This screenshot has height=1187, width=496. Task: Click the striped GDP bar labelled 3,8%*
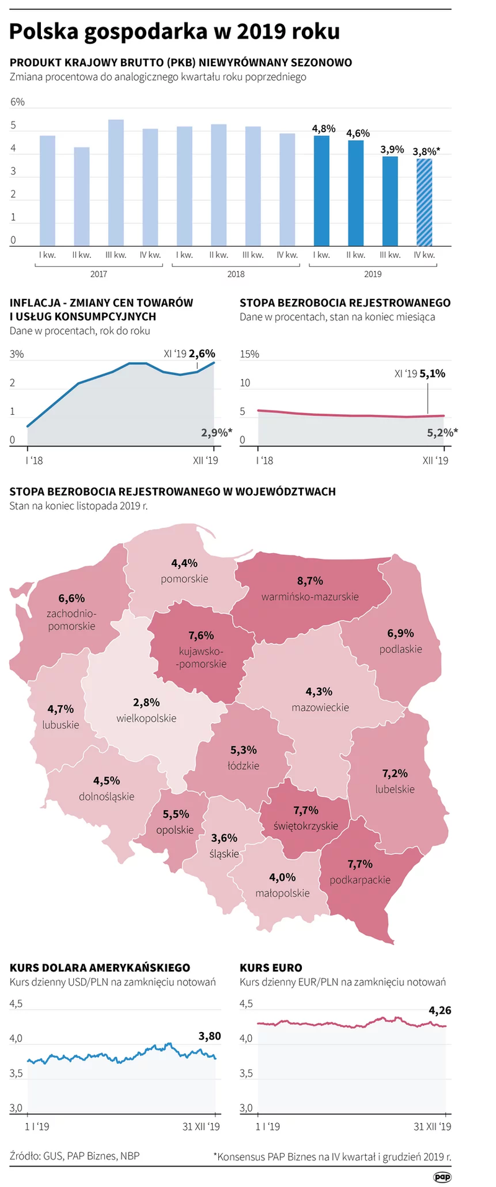point(424,202)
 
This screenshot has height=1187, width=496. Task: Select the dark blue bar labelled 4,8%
point(321,190)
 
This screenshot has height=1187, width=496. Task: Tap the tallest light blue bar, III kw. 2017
point(116,182)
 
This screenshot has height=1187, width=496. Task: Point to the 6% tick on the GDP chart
point(17,102)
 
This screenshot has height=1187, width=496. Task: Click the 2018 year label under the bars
point(236,273)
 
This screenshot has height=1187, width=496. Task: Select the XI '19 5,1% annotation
point(420,373)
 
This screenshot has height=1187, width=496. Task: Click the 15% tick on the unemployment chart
point(249,354)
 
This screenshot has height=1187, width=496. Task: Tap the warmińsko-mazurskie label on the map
point(310,597)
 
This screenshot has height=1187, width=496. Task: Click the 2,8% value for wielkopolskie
point(146,702)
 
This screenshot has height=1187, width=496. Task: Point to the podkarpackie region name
point(360,879)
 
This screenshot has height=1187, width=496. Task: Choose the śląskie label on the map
point(224,853)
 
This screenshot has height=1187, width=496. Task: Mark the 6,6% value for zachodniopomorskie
point(72,598)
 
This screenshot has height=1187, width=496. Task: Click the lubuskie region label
point(61,724)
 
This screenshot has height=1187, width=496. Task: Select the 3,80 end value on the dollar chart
point(210,1036)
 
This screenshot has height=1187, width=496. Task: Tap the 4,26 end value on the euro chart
point(440,1010)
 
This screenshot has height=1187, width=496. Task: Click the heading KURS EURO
point(271,967)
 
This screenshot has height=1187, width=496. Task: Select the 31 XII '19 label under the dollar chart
point(201,1126)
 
